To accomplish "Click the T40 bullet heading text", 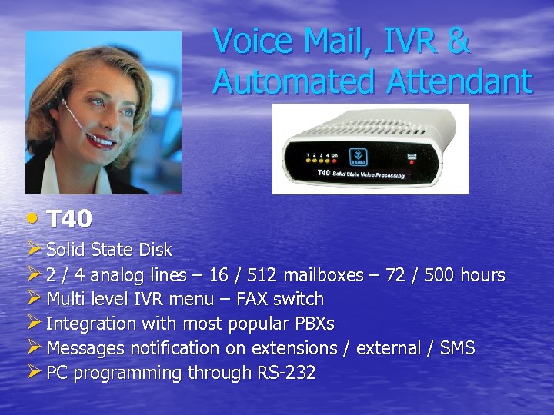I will [69, 220].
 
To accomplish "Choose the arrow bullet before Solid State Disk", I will [34, 249].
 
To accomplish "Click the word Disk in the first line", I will [155, 250].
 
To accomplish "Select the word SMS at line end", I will [457, 348].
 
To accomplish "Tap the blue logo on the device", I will [357, 155].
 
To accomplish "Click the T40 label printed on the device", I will [322, 174].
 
